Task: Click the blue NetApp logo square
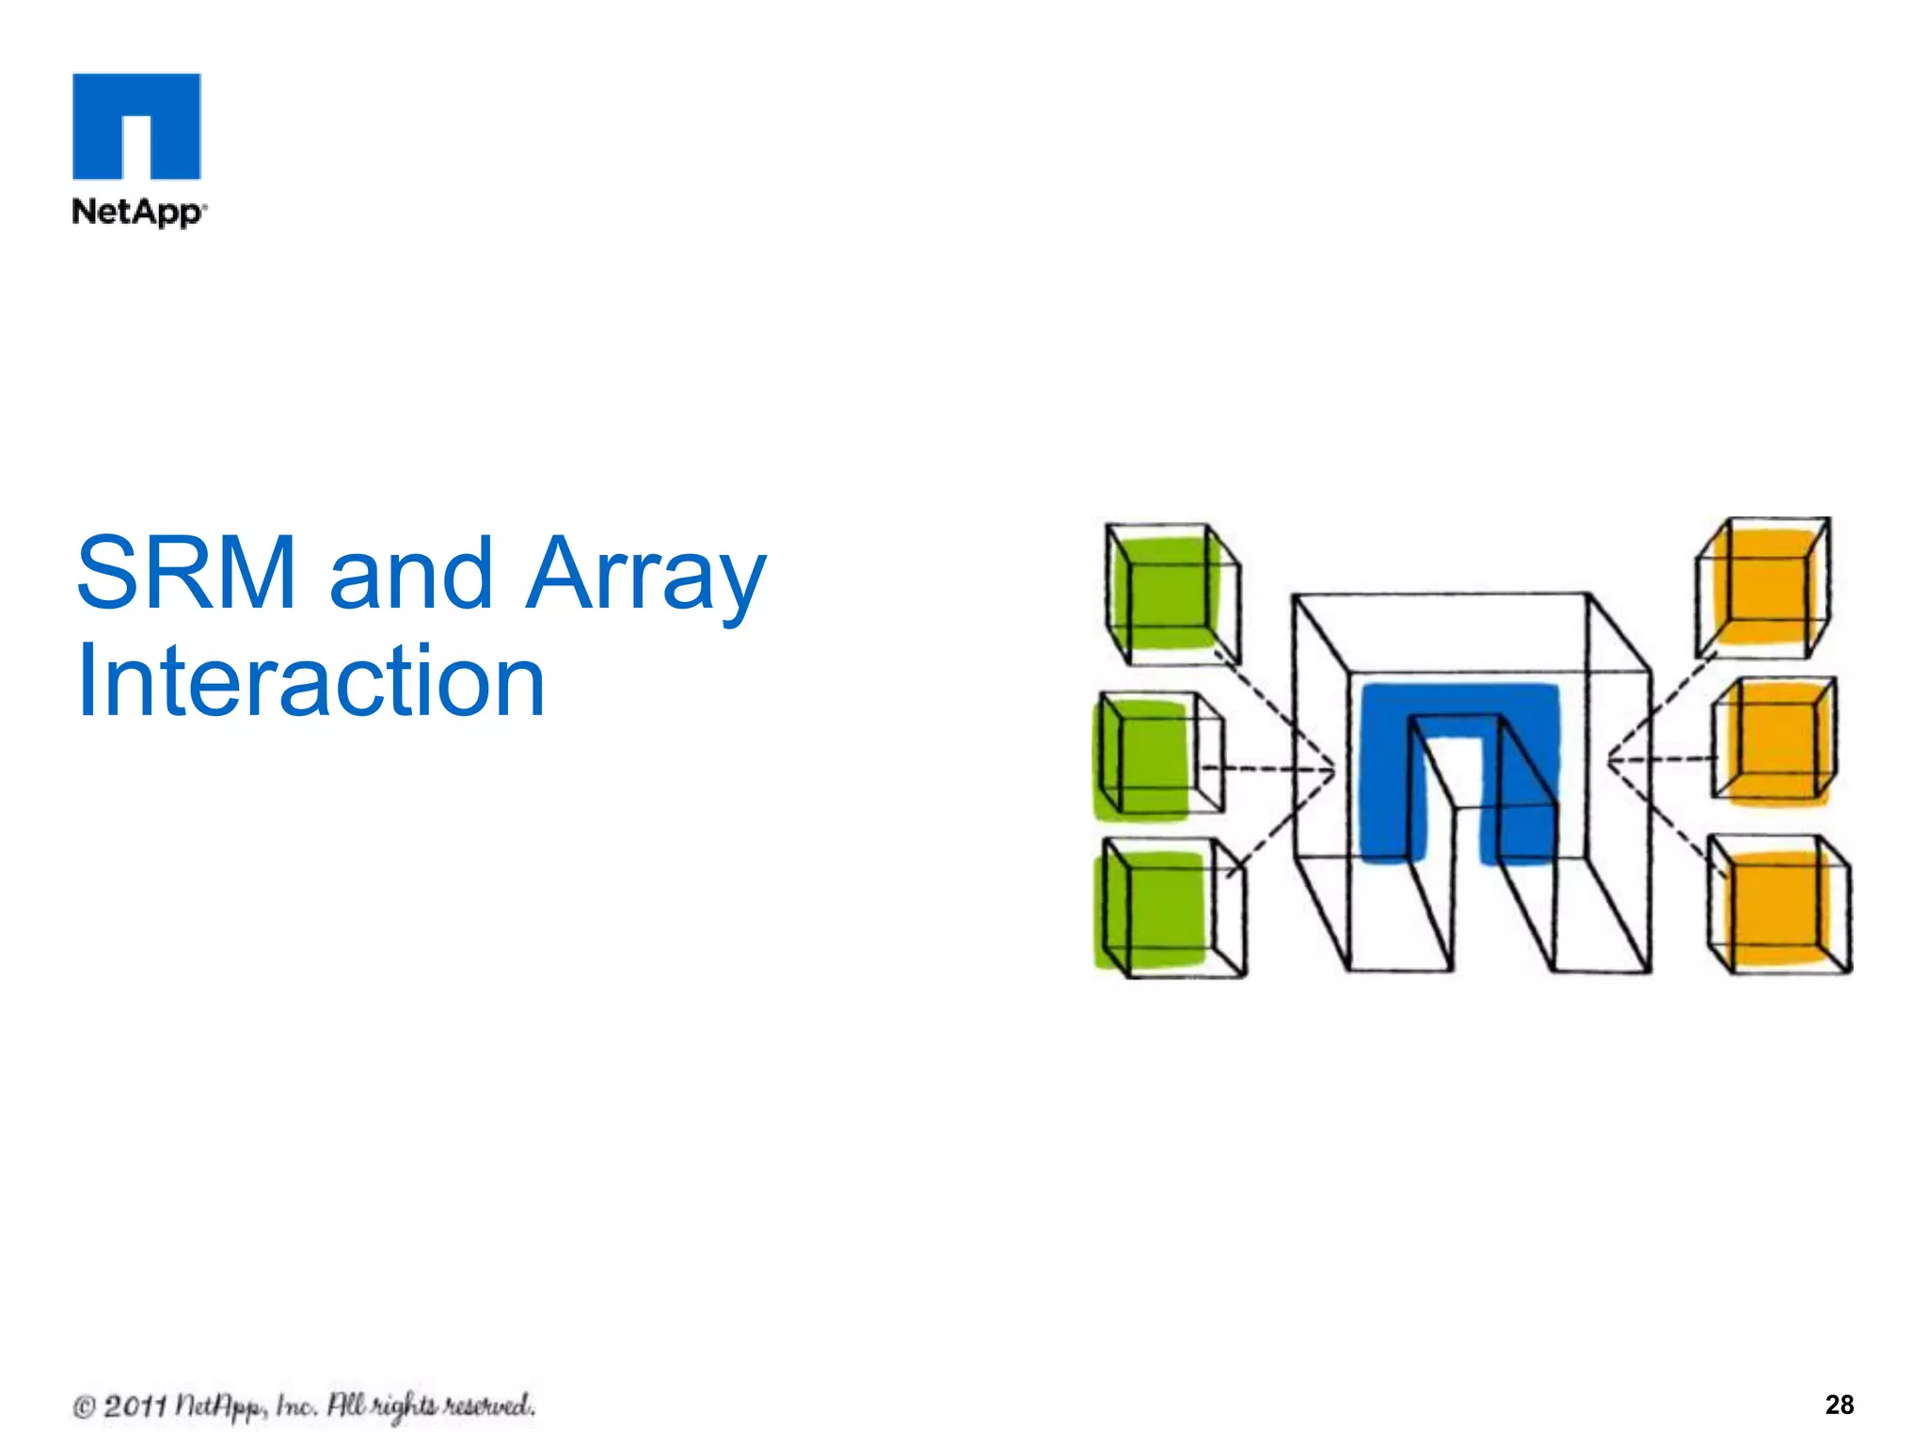click(136, 125)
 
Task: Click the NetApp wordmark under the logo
click(137, 212)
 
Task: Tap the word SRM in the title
click(186, 572)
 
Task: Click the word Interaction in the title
click(311, 680)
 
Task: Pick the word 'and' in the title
click(410, 572)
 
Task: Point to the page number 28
click(1839, 1405)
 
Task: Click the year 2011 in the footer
click(135, 1406)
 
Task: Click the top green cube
click(1171, 593)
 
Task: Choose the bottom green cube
click(1170, 908)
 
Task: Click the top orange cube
click(1762, 586)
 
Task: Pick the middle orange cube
click(1774, 741)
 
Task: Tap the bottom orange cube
click(1778, 905)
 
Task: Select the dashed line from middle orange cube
click(1661, 758)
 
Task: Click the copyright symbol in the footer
click(85, 1407)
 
